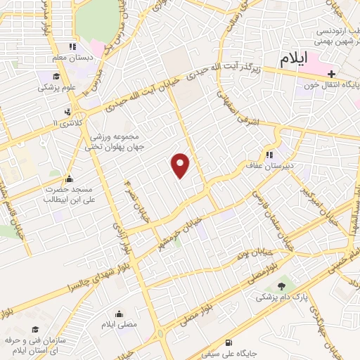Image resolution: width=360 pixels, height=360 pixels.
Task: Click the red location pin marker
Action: [181, 165]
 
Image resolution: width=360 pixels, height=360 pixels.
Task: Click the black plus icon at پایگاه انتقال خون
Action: [330, 74]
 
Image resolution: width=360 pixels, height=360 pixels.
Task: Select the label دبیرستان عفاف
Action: [288, 156]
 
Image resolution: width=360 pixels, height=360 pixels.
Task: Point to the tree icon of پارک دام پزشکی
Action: [283, 286]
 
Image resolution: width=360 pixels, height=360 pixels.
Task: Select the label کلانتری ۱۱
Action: [67, 123]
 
